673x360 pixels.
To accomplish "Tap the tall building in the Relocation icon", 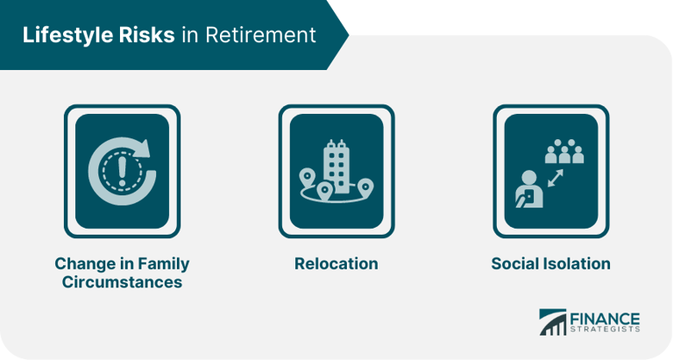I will [336, 164].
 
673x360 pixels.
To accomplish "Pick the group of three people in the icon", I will [564, 154].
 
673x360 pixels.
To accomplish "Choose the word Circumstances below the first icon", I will [122, 282].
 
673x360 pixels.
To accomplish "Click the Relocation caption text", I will [336, 264].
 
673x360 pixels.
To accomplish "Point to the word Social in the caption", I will [516, 264].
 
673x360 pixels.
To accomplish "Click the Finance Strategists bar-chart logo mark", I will [552, 321].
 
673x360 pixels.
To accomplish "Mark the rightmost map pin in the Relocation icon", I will [366, 186].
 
